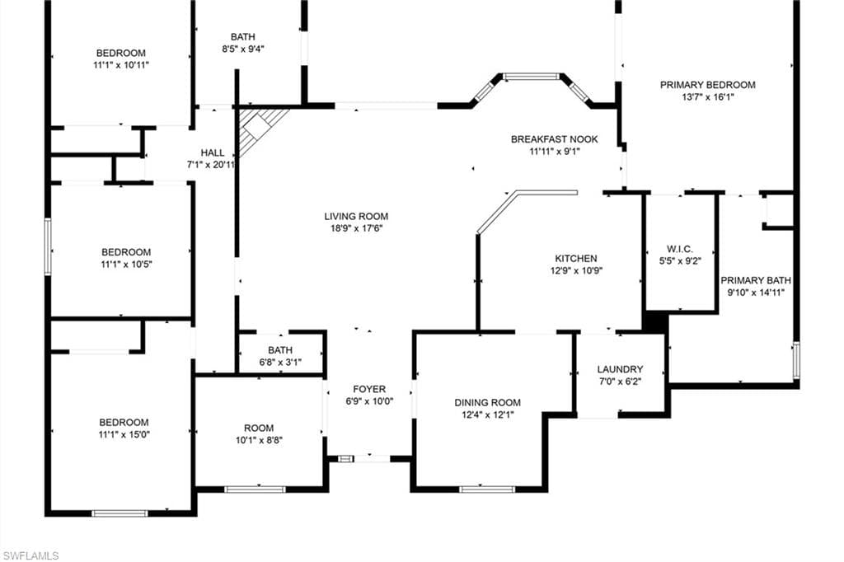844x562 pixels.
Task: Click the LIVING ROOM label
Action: click(356, 217)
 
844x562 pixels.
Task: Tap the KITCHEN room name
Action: click(576, 259)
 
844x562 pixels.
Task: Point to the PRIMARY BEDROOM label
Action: click(708, 85)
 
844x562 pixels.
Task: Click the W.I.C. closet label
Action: click(680, 249)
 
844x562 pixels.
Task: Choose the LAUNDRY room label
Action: click(620, 369)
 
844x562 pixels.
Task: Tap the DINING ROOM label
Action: click(488, 403)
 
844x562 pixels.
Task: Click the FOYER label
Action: click(369, 389)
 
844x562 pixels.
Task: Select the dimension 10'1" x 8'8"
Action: click(259, 440)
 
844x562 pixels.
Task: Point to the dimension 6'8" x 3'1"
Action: click(280, 363)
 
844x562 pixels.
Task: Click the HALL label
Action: click(213, 153)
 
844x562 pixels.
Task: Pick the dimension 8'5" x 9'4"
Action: click(243, 49)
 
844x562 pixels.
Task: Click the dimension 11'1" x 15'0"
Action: click(124, 434)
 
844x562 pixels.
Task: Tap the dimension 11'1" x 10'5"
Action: click(126, 265)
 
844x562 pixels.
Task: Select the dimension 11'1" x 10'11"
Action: click(121, 65)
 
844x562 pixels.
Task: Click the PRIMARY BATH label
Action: click(756, 280)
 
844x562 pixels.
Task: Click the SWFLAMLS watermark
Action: click(30, 555)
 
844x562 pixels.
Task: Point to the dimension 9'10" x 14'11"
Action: click(756, 293)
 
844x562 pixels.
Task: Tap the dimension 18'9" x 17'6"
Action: click(356, 228)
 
